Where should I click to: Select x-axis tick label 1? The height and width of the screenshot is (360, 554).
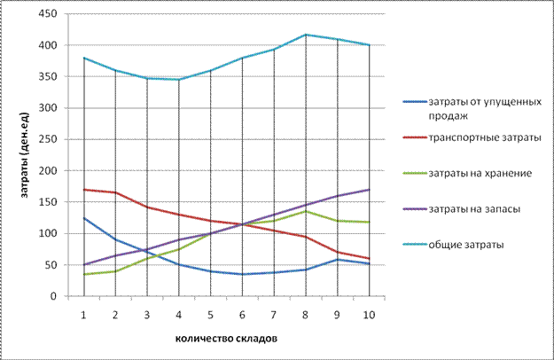point(82,313)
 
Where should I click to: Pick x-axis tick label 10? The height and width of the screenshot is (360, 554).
point(369,313)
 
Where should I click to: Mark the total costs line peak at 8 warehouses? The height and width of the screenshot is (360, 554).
point(306,35)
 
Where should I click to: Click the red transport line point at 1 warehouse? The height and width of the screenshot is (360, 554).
point(83,190)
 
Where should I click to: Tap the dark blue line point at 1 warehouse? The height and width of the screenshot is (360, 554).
point(83,218)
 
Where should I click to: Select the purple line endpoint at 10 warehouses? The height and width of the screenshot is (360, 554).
point(369,190)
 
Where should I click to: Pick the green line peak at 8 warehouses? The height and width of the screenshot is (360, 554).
point(306,211)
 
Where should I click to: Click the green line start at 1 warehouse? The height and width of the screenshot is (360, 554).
point(83,274)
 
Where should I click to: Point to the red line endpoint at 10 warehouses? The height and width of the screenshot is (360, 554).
point(369,259)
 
